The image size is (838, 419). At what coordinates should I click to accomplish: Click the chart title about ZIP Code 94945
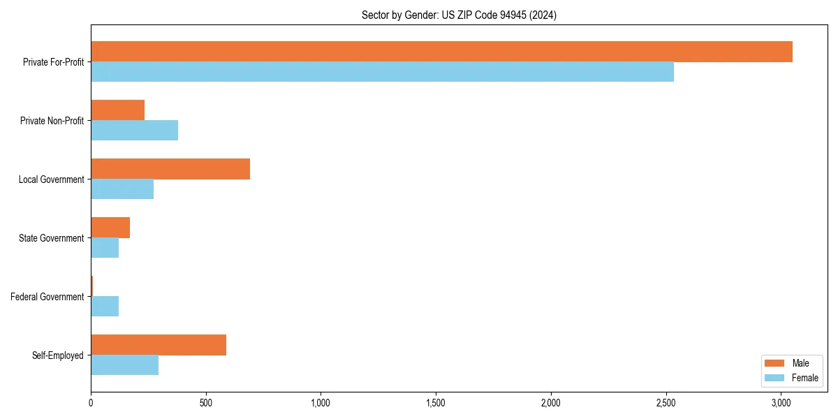(x=459, y=15)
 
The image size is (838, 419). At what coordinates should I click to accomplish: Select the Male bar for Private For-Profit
(x=441, y=52)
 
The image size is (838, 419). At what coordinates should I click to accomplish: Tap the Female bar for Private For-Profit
(x=382, y=72)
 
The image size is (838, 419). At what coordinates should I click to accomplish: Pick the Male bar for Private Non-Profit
(x=117, y=110)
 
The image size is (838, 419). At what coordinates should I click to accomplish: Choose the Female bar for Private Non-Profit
(x=134, y=131)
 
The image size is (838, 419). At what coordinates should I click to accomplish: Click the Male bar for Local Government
(x=170, y=169)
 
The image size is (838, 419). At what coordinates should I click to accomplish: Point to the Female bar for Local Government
(x=122, y=189)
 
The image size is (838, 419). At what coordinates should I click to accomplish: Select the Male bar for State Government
(x=110, y=228)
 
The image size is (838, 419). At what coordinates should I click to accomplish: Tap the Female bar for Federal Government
(x=105, y=307)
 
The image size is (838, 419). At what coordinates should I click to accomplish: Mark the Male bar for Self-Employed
(x=159, y=345)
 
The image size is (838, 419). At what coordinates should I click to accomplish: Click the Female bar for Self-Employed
(x=124, y=365)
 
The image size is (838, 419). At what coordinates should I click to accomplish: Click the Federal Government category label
(x=47, y=297)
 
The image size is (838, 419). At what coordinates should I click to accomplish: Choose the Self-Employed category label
(x=57, y=355)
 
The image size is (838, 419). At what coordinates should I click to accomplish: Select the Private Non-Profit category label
(x=52, y=121)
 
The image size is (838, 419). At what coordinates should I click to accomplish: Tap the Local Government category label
(x=51, y=179)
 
